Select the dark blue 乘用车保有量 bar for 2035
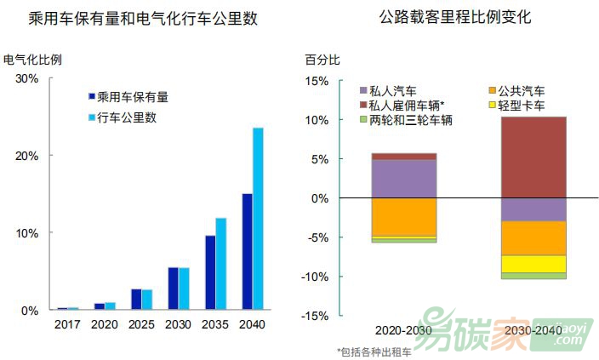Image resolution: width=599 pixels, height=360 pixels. [x=209, y=272]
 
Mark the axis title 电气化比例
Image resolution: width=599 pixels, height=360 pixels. [x=32, y=60]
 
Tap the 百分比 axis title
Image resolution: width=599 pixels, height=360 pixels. [x=322, y=60]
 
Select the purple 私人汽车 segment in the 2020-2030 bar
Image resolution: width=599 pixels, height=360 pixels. [x=404, y=179]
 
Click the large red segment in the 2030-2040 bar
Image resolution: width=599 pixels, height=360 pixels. [x=533, y=157]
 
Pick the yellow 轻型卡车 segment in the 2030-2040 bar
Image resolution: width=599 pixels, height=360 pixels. [x=533, y=264]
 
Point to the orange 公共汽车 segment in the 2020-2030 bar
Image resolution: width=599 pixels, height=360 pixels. [x=404, y=217]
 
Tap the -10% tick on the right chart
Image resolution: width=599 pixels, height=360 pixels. [x=316, y=277]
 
